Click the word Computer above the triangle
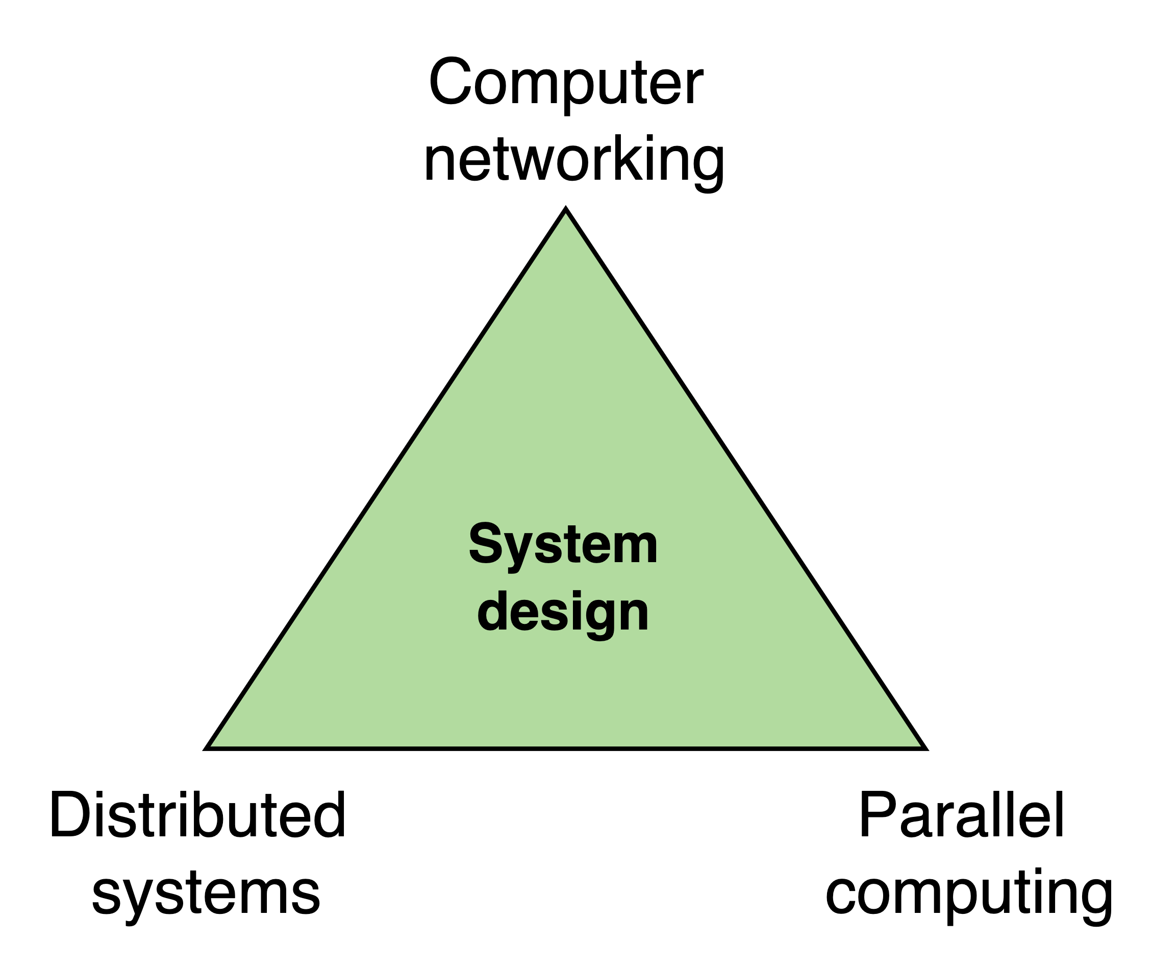566,82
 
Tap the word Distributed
197,815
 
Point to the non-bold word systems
206,893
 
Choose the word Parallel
961,815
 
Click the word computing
969,893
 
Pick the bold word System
563,544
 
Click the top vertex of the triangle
566,211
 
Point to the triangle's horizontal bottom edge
565,748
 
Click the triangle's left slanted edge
386,478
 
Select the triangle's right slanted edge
745,478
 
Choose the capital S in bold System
487,543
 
